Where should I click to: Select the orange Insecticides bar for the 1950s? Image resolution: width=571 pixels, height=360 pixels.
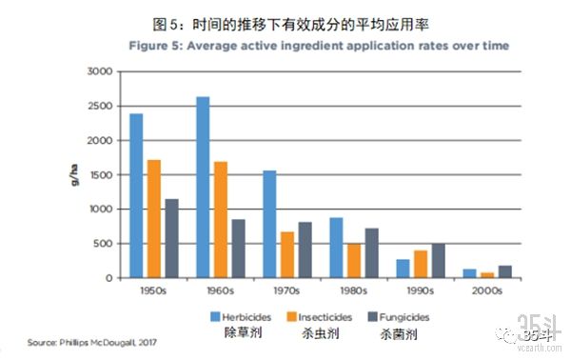coord(154,219)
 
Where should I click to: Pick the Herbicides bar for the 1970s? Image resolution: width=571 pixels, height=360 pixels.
coord(269,224)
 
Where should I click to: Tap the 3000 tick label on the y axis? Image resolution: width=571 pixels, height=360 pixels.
coord(100,72)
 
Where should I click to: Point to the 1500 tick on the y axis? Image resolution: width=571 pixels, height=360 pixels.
coord(100,175)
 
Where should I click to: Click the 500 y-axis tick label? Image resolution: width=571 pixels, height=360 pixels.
coord(103,244)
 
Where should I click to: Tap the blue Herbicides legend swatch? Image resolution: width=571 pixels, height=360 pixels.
coord(216,316)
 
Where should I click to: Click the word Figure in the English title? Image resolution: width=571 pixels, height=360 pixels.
coord(148,46)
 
